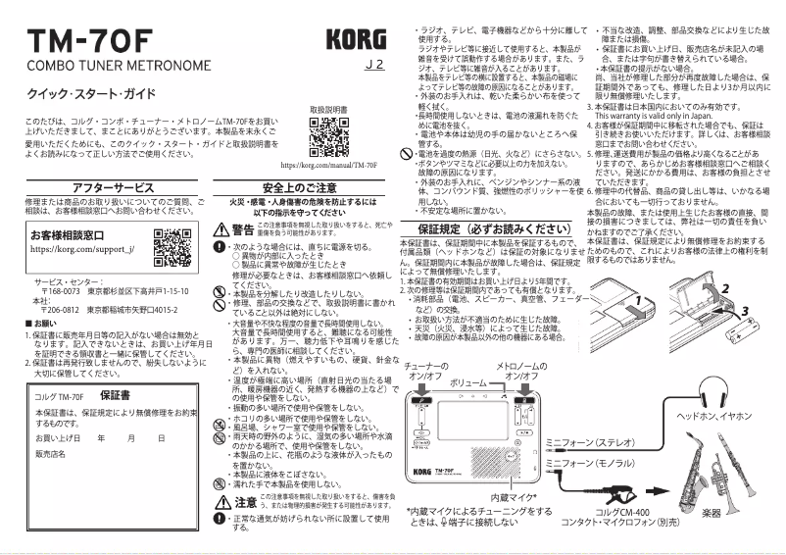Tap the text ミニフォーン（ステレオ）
coord(590,441)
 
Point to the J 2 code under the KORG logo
coord(372,67)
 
